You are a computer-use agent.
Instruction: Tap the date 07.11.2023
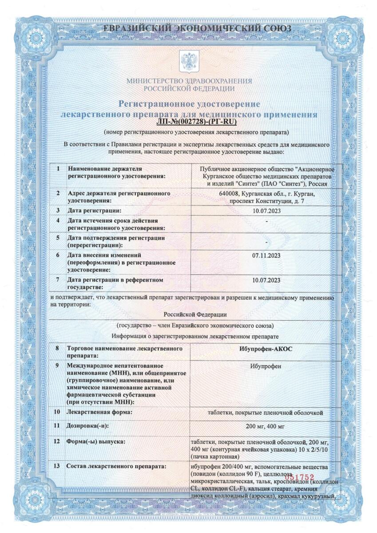tap(266, 256)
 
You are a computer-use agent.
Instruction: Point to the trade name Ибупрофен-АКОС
tap(266, 349)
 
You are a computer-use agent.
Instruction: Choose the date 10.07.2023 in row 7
tap(266, 280)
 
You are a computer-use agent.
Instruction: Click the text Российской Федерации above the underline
tap(189, 314)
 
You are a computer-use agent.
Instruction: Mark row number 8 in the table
tap(57, 349)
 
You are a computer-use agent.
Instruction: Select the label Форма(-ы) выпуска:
tap(95, 442)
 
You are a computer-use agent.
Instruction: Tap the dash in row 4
tap(266, 221)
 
